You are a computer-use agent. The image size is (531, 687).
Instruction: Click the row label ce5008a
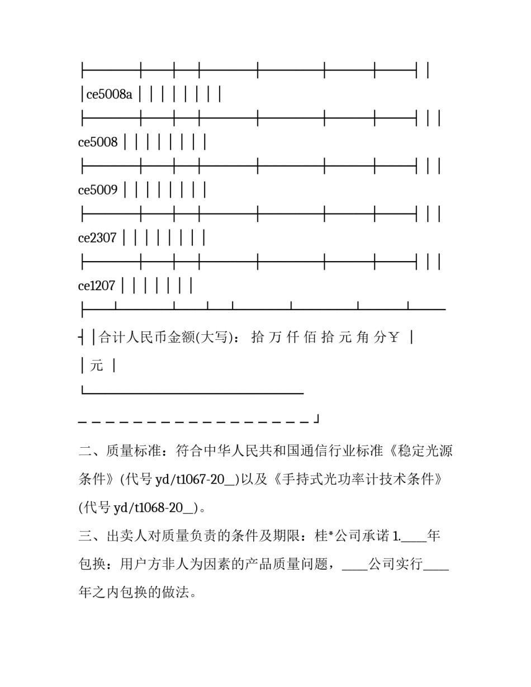click(x=110, y=94)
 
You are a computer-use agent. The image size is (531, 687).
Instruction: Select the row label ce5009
click(x=98, y=190)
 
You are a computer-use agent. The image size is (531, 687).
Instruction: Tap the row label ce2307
click(x=97, y=238)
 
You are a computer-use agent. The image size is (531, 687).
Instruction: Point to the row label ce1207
click(x=97, y=286)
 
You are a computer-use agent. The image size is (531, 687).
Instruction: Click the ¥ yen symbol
click(x=393, y=337)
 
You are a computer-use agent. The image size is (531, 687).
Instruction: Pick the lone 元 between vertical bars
click(x=97, y=366)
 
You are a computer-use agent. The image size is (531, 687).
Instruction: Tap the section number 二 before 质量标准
click(x=85, y=451)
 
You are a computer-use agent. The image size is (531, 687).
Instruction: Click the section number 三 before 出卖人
click(x=85, y=536)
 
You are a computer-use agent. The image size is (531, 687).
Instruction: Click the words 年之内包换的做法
click(x=138, y=593)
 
